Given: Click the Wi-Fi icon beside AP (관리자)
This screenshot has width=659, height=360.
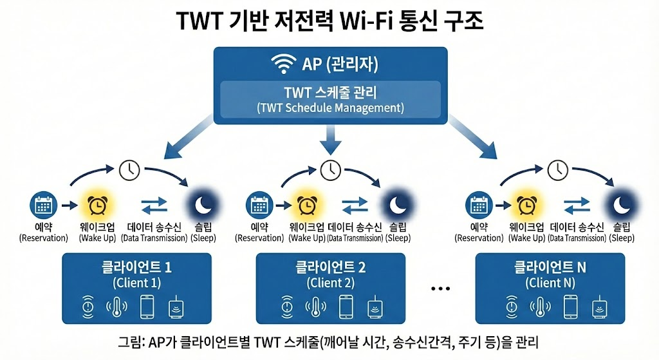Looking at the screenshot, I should (284, 64).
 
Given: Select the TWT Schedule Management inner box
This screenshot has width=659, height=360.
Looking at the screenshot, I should (330, 99).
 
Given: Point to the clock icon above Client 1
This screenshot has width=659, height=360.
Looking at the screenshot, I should (129, 170).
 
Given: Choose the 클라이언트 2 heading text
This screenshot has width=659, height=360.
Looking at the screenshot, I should (330, 267).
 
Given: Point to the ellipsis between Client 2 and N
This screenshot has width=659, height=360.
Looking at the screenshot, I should (440, 289).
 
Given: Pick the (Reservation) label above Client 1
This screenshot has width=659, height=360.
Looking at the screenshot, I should (44, 238).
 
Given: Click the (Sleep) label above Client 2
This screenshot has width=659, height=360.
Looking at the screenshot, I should (398, 238).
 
